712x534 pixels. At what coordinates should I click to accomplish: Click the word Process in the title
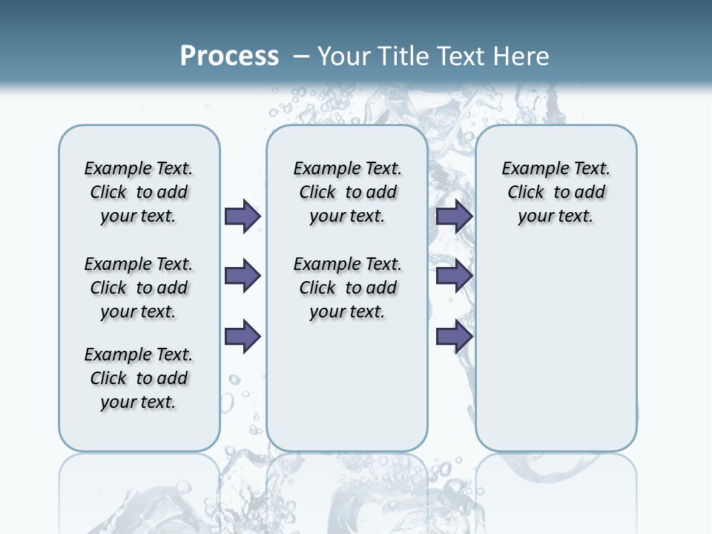pos(229,56)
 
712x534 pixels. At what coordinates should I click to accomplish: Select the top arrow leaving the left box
pos(243,216)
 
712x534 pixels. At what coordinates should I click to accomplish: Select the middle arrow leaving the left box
pos(243,276)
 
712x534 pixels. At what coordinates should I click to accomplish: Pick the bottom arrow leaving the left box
pos(243,336)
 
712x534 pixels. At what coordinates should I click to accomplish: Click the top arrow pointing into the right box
pos(455,216)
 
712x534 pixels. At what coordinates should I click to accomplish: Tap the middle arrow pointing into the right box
pos(455,276)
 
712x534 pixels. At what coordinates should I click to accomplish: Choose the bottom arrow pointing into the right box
pos(455,336)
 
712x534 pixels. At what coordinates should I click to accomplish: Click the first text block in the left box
pos(139,192)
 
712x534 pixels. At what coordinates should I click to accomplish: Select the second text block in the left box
pos(139,288)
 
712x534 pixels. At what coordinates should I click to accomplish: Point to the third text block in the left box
pos(139,378)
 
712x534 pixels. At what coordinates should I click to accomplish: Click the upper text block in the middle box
pos(347,192)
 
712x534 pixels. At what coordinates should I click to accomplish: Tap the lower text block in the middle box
pos(347,288)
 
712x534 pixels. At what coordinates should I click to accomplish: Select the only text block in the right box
pos(556,192)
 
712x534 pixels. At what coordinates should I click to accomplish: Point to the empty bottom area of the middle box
pos(347,393)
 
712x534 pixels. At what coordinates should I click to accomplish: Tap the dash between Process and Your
pos(301,56)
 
